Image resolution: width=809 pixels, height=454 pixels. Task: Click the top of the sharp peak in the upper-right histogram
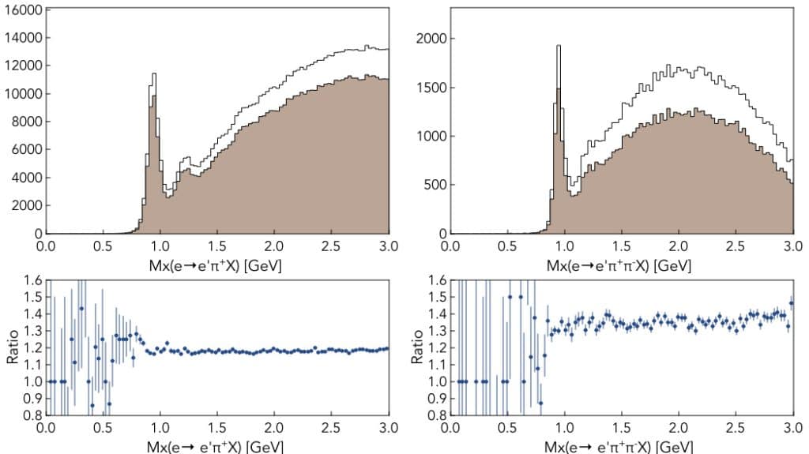(x=559, y=46)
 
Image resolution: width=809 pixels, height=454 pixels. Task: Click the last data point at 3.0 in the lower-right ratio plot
(x=792, y=303)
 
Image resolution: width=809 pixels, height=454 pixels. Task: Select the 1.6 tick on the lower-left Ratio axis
(x=32, y=280)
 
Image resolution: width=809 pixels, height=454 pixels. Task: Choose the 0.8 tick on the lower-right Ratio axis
(x=437, y=415)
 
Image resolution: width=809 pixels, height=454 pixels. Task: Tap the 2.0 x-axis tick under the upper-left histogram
(x=274, y=246)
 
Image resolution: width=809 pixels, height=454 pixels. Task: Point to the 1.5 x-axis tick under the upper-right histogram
(x=622, y=246)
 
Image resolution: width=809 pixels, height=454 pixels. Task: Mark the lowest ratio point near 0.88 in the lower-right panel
(x=540, y=403)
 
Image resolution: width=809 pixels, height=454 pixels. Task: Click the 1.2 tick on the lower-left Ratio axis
(x=32, y=347)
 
